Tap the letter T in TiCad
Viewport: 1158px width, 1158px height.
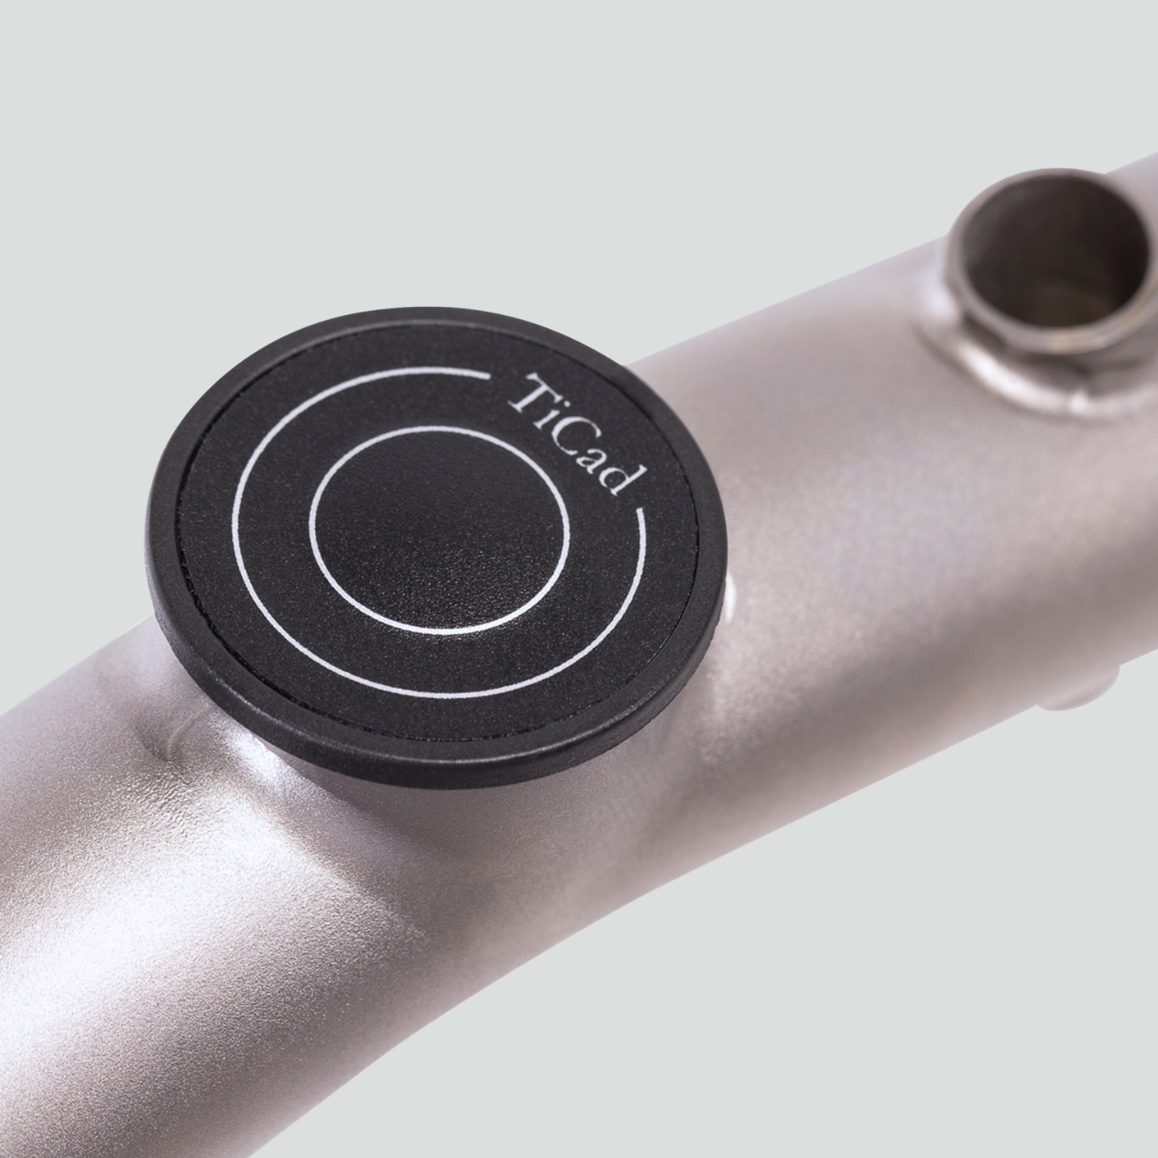(530, 392)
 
